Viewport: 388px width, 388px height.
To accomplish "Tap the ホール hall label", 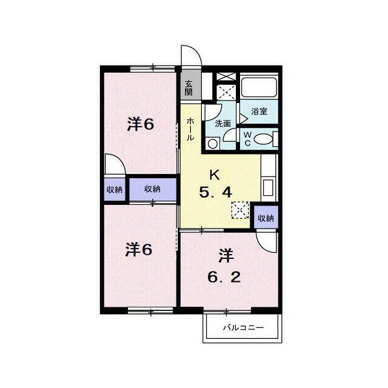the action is point(190,129).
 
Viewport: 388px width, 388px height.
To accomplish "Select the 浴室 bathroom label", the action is point(259,112).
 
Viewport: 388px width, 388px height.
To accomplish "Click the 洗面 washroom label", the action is point(222,124).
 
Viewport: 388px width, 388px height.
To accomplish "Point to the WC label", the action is point(247,139).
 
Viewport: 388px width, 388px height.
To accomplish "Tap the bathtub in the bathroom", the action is point(259,87).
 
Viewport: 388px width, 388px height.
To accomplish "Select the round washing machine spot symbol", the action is point(213,144).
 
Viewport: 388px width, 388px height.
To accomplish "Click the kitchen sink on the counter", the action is point(268,188).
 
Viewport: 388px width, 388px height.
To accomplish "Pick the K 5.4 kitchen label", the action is point(216,184).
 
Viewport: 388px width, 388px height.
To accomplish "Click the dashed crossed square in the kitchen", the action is point(240,210).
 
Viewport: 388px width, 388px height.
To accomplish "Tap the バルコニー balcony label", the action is point(244,328).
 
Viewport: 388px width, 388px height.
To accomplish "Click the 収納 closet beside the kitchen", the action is point(266,218).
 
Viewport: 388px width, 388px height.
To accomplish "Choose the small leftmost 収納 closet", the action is point(115,190).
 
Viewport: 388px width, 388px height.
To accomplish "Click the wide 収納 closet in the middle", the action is point(153,189).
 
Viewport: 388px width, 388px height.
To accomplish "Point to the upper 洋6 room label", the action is point(141,124).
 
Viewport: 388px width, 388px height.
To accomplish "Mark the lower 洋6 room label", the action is point(139,249).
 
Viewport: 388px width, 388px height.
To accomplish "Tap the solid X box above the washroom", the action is point(226,77).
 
